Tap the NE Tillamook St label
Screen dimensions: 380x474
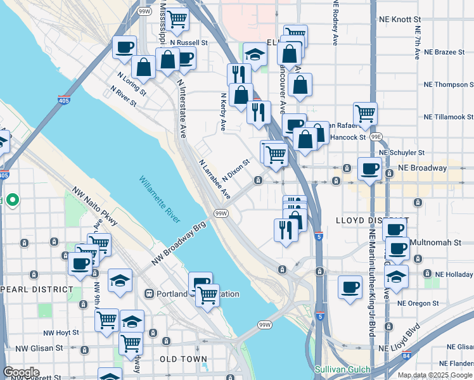(449, 117)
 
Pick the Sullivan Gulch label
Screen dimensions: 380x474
(342, 368)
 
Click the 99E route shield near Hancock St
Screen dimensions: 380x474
(376, 136)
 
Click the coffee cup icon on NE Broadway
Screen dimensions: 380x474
(369, 169)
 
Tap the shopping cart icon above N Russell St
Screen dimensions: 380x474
(177, 19)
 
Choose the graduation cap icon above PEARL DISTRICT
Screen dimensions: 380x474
(120, 279)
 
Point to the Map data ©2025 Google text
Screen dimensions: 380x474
(435, 375)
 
